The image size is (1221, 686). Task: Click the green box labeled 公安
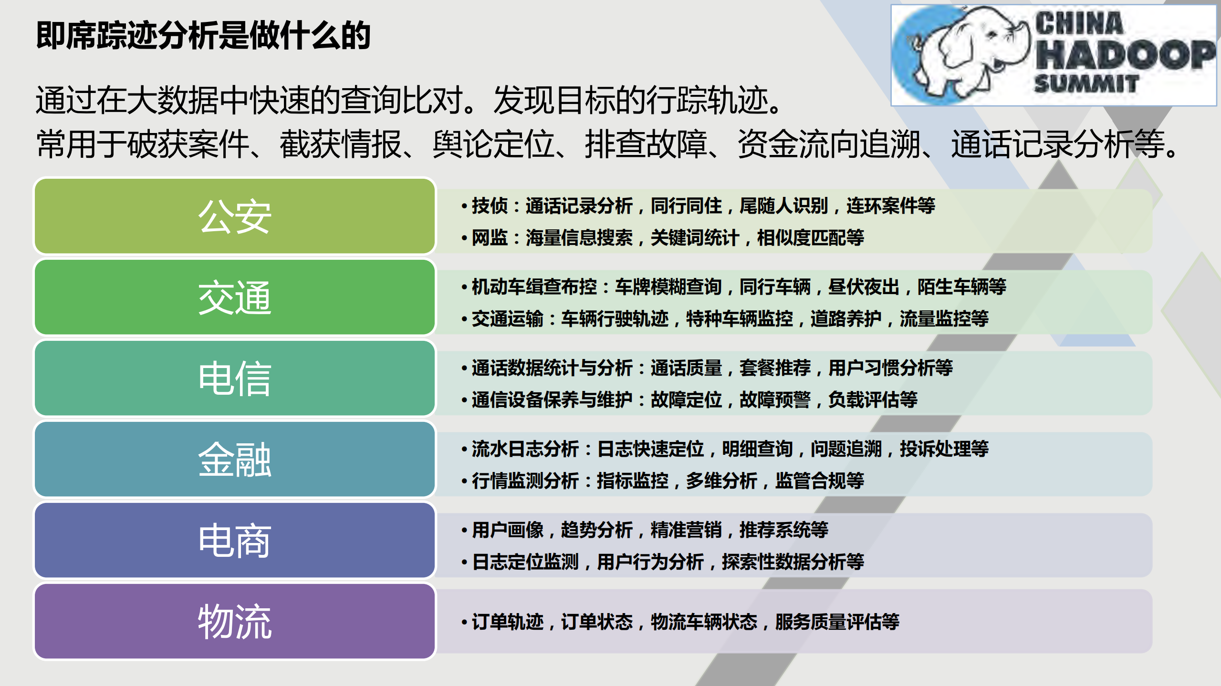pos(235,216)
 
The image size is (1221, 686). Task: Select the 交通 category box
pos(235,297)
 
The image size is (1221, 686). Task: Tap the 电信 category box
pos(235,378)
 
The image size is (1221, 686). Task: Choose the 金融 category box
pos(235,459)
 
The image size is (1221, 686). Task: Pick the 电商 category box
pos(235,540)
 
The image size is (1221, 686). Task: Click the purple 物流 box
pos(235,621)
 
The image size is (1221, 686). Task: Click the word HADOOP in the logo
pos(1124,55)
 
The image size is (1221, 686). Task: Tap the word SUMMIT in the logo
pos(1086,84)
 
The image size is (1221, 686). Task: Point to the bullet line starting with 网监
pos(667,237)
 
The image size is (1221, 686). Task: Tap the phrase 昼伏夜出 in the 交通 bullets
pos(864,287)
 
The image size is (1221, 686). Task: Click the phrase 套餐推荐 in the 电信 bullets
pos(775,368)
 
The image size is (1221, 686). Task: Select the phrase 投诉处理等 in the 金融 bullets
pos(944,449)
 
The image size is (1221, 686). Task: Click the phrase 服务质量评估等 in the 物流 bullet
pos(837,622)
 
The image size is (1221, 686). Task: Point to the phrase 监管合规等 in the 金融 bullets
pos(819,481)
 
